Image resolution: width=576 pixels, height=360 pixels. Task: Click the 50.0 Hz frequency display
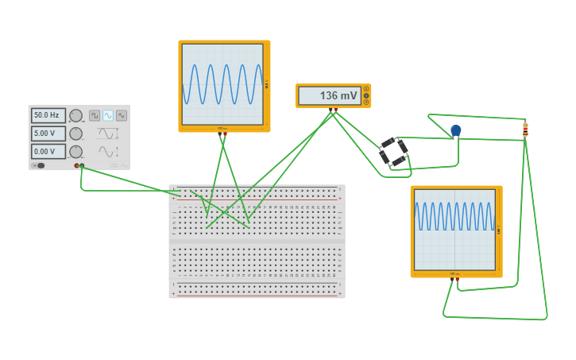48,115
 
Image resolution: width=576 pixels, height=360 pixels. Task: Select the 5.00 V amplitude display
48,134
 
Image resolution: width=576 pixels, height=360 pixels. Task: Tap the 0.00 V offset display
48,151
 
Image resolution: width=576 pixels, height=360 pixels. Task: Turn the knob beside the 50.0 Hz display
75,116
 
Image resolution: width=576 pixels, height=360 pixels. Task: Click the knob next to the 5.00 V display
75,134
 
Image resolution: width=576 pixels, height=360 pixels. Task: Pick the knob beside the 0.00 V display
75,151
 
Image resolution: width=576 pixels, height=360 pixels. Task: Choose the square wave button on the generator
95,115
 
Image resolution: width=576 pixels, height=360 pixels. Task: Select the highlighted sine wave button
108,115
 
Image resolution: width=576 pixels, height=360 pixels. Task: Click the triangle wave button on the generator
122,115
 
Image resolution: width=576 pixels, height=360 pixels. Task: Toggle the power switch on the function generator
39,165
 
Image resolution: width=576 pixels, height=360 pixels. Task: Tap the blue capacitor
455,130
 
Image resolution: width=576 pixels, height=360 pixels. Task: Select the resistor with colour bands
525,130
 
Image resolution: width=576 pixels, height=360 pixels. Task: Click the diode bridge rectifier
392,152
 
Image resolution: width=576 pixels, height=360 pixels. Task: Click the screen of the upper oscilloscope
222,84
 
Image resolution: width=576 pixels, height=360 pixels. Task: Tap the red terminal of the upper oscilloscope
225,134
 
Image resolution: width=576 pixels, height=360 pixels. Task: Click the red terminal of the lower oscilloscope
457,280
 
